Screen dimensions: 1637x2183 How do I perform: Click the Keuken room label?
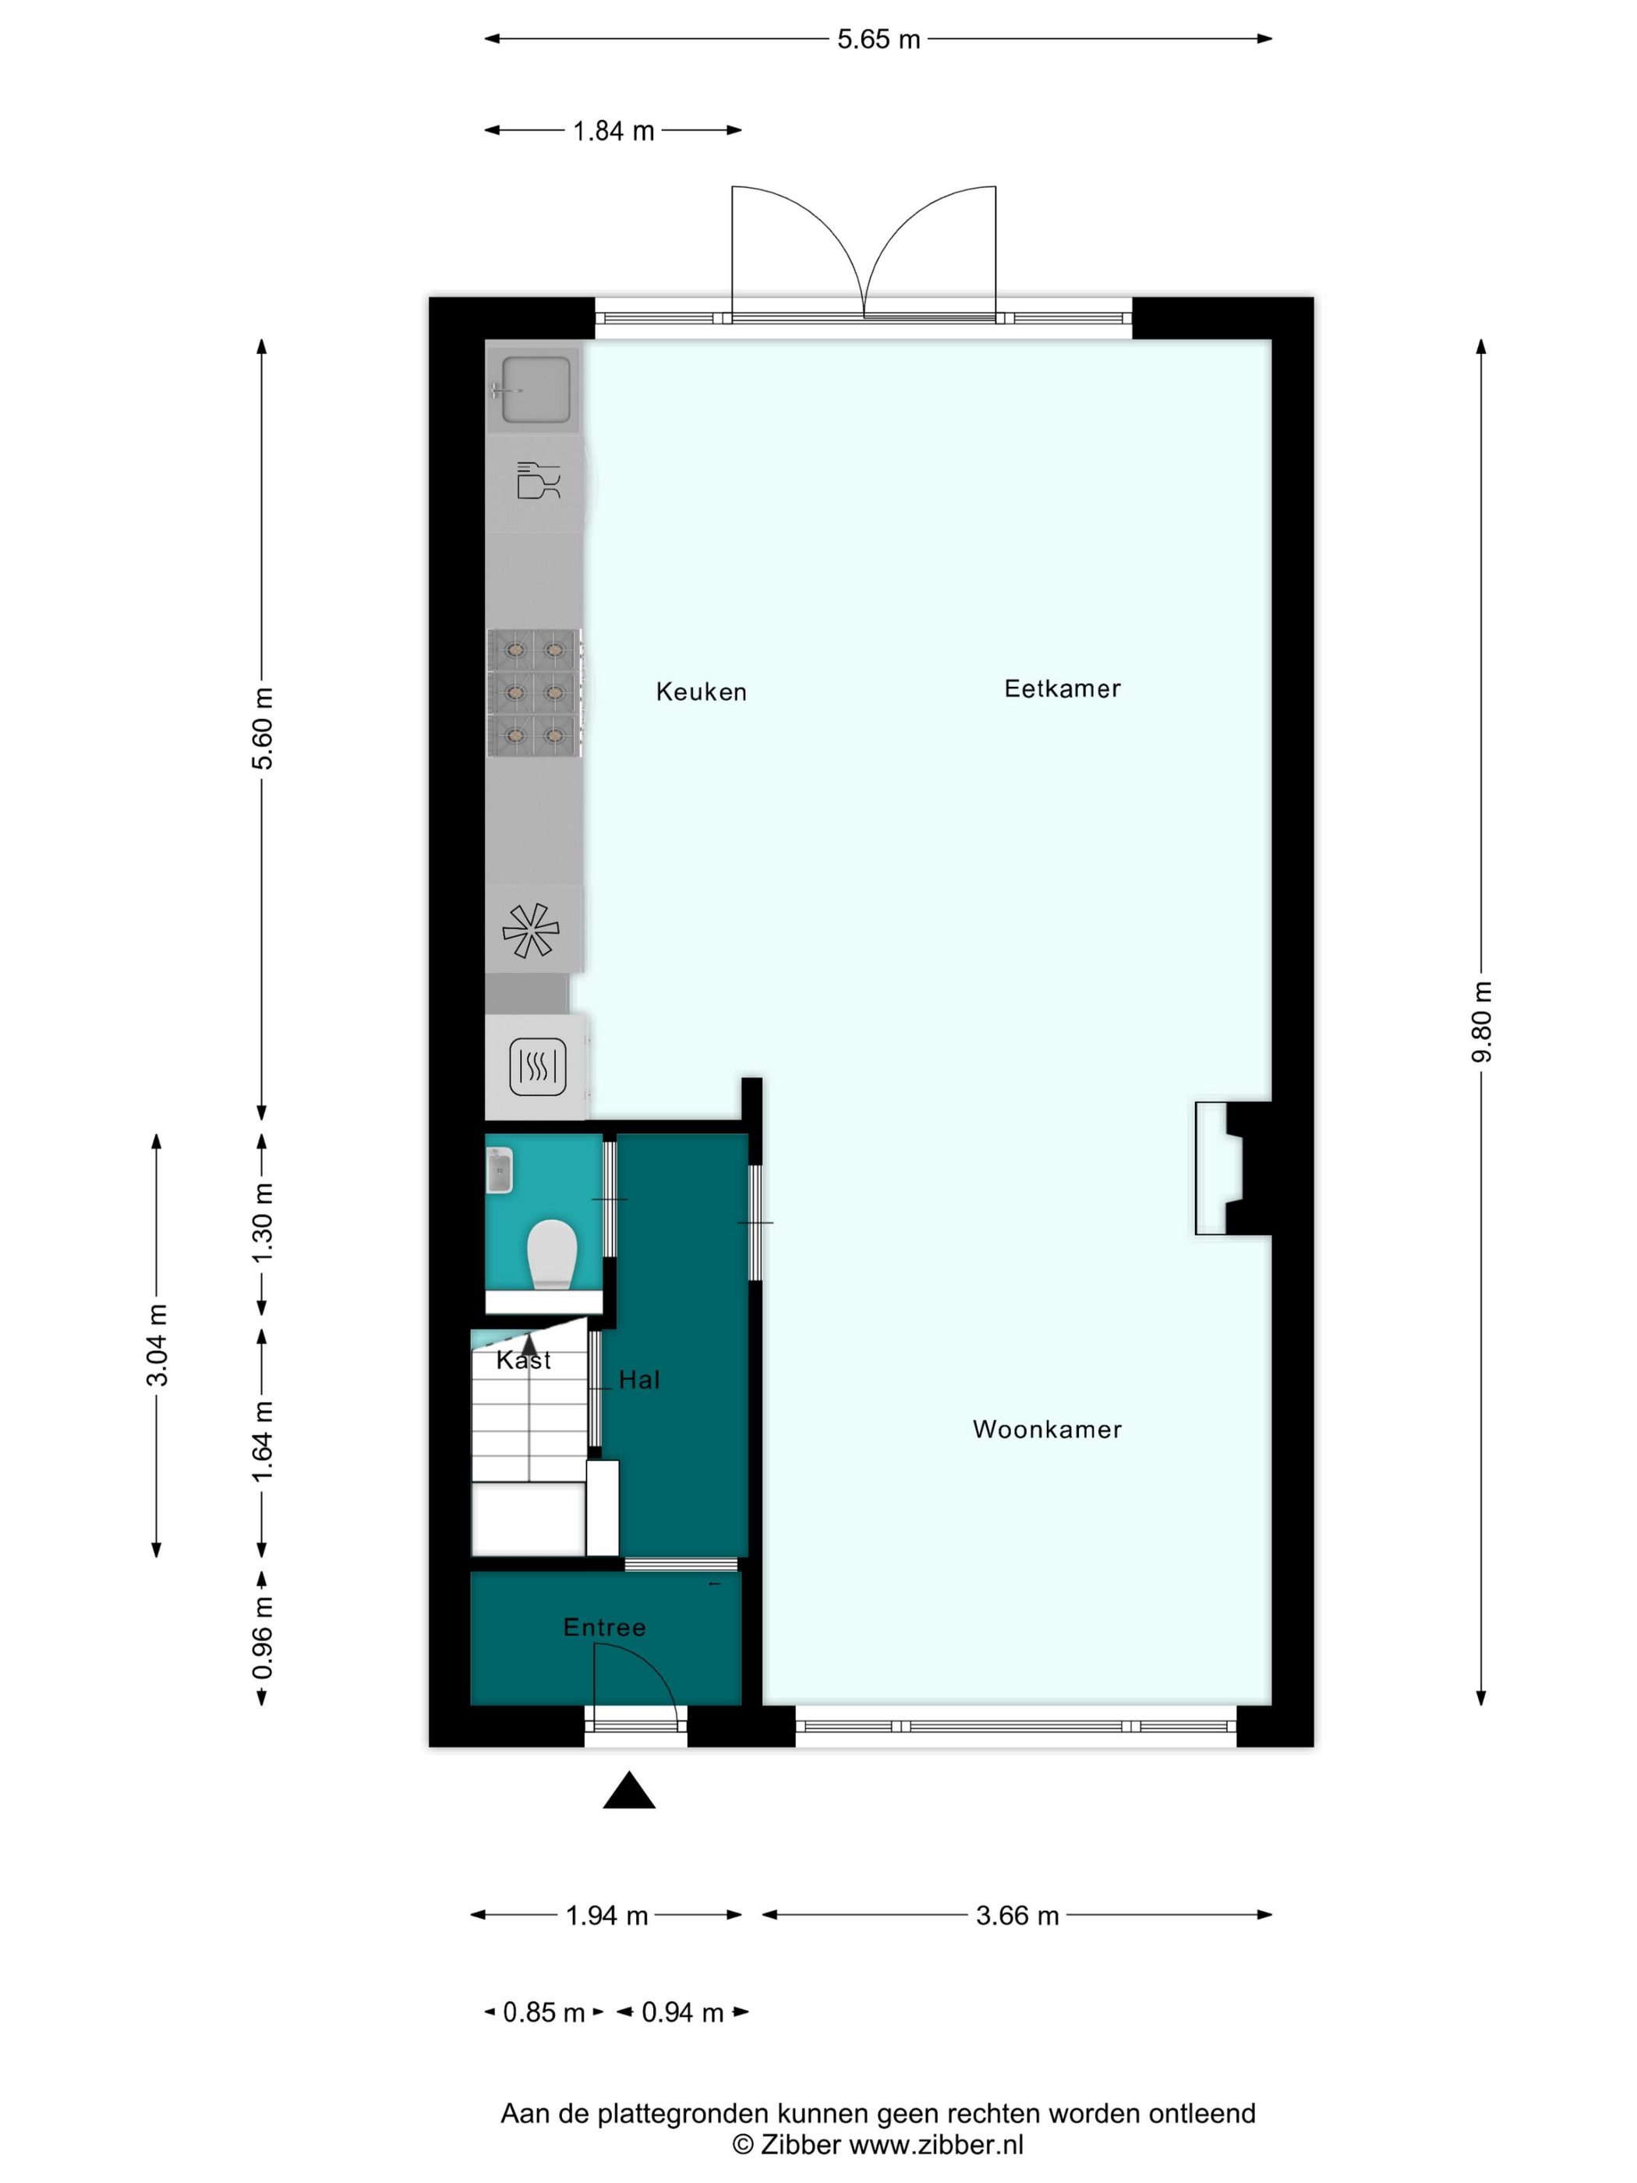click(x=701, y=692)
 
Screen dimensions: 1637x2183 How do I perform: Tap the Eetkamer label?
click(x=1062, y=689)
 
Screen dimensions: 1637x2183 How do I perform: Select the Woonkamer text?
click(x=1047, y=1429)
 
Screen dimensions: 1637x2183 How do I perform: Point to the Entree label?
click(x=604, y=1627)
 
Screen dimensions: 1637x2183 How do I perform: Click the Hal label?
click(x=638, y=1380)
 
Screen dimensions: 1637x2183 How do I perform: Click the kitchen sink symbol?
click(x=535, y=390)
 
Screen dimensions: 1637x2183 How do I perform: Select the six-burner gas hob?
click(x=534, y=693)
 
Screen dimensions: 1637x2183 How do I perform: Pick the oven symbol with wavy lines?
click(x=538, y=1067)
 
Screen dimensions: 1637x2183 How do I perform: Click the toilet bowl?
click(x=552, y=1254)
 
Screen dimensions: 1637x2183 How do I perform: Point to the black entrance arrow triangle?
click(x=628, y=1790)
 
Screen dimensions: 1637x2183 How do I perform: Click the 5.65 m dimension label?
click(x=879, y=40)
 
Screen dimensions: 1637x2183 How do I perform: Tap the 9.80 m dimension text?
click(x=1481, y=1021)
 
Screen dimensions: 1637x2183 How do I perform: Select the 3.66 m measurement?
click(x=1017, y=1916)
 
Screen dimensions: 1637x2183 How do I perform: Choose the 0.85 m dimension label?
click(x=543, y=2012)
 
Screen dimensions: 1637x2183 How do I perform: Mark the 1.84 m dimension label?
click(x=613, y=131)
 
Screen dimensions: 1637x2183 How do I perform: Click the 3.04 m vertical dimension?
click(x=157, y=1345)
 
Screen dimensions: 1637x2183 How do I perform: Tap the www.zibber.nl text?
click(x=935, y=2145)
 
